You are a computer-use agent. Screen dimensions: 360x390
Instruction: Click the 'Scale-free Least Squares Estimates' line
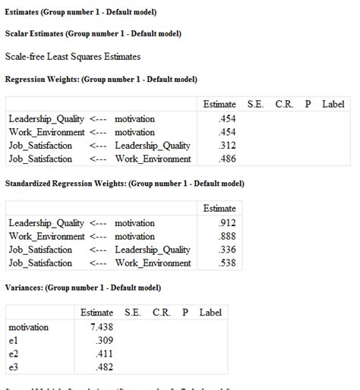[73, 56]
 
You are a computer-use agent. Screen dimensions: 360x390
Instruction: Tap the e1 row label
[14, 341]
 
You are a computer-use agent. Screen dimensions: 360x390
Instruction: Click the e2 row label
[14, 354]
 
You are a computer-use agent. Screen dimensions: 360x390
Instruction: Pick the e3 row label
[14, 368]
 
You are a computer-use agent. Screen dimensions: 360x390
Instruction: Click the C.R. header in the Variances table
[161, 313]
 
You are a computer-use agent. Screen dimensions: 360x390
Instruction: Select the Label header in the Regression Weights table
[333, 103]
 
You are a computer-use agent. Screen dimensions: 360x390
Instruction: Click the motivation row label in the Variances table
[28, 327]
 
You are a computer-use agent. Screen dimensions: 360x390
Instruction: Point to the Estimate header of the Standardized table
[219, 208]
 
